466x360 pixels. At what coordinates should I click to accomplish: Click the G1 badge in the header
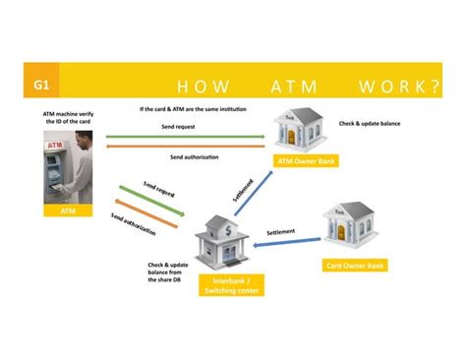click(x=44, y=85)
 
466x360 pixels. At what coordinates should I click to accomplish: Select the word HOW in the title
click(x=195, y=87)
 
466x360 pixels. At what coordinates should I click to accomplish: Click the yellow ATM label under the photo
click(x=68, y=210)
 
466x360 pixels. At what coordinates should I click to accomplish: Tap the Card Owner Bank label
click(x=354, y=265)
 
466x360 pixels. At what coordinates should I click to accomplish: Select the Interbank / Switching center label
click(x=228, y=285)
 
